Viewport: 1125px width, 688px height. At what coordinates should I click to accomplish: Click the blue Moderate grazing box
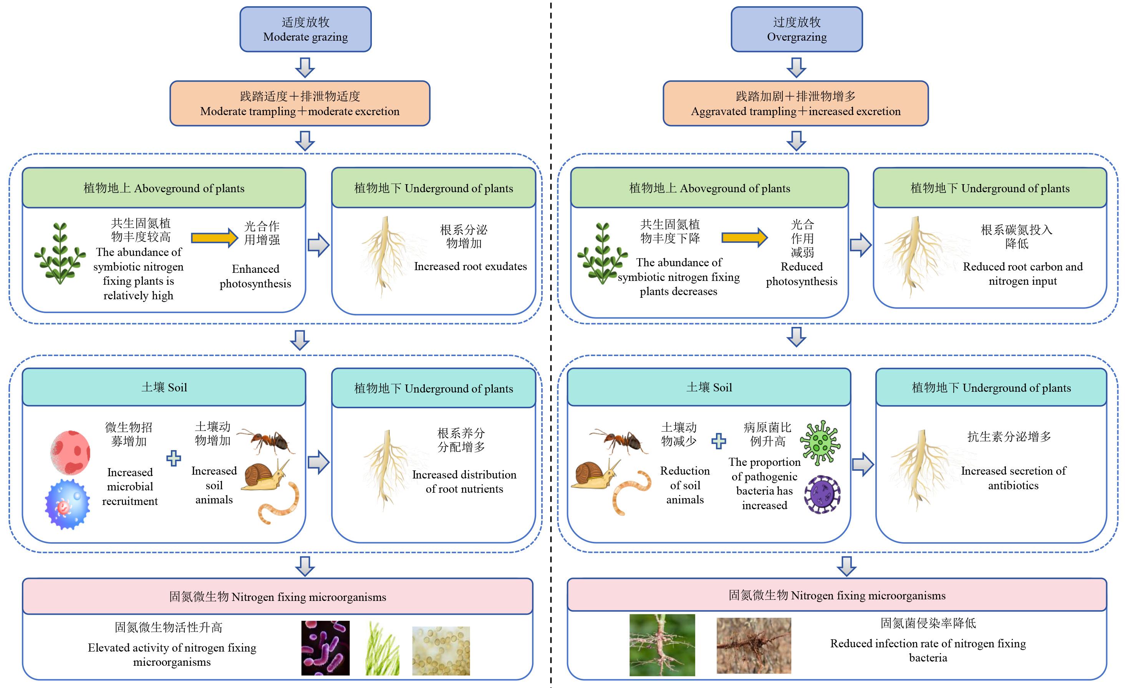(x=305, y=29)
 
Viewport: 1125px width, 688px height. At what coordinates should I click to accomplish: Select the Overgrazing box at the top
(x=797, y=29)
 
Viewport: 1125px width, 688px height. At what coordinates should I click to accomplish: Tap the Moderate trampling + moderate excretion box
(x=300, y=104)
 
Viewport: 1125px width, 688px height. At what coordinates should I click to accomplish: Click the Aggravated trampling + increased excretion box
(x=796, y=104)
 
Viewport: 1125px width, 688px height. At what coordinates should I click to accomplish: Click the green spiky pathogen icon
(x=820, y=442)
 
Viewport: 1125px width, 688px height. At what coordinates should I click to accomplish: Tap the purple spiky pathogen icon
(x=822, y=495)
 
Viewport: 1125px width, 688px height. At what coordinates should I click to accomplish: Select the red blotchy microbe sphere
(x=70, y=452)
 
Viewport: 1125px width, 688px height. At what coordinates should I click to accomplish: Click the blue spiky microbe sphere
(x=68, y=504)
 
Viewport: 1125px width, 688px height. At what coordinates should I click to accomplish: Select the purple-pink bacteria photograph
(x=325, y=648)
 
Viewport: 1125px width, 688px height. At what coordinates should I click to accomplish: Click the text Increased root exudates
(x=470, y=266)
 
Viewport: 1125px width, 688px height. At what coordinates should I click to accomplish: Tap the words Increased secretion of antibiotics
(x=1013, y=478)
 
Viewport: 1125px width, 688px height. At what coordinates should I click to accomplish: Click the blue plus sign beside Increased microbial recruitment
(x=174, y=458)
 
